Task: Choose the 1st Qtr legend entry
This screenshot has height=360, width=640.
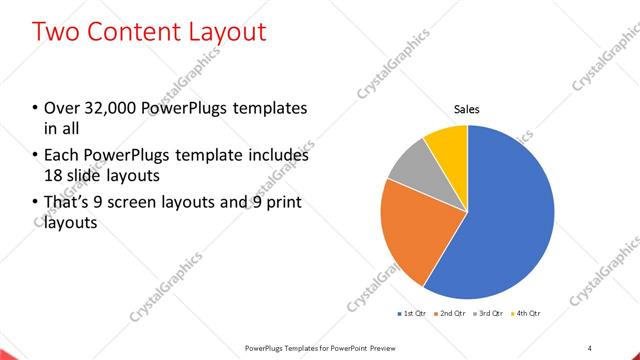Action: click(x=414, y=314)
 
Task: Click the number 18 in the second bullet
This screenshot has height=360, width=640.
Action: click(x=54, y=176)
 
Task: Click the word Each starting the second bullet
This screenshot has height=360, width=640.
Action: click(x=61, y=156)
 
